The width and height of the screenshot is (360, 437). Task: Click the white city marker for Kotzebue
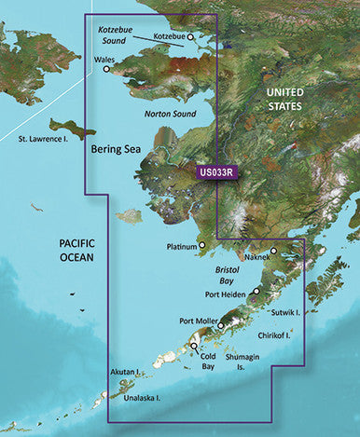[190, 38]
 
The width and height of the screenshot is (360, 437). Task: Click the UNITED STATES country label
[292, 101]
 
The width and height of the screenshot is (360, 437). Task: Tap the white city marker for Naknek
[274, 249]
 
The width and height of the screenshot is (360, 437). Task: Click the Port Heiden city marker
[256, 292]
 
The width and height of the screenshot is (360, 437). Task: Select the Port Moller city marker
[221, 326]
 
